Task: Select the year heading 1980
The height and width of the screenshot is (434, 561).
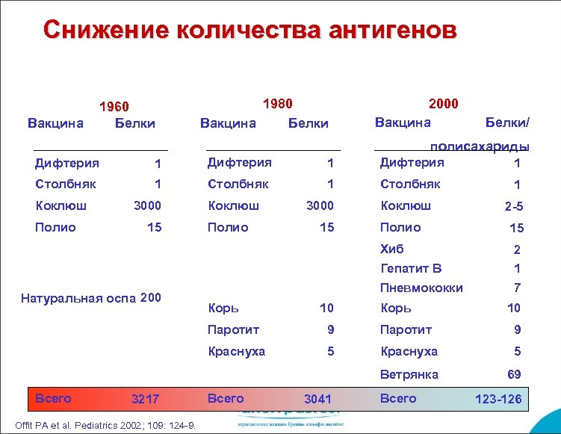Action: pyautogui.click(x=277, y=104)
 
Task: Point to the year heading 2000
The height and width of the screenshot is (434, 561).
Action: pyautogui.click(x=443, y=104)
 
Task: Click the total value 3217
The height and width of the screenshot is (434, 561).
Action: pyautogui.click(x=145, y=400)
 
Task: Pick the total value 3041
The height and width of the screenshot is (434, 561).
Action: pyautogui.click(x=317, y=400)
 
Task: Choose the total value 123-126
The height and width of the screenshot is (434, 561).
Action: pyautogui.click(x=498, y=400)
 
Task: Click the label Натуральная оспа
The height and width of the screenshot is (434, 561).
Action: pyautogui.click(x=78, y=299)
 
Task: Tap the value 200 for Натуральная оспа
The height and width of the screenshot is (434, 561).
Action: pyautogui.click(x=150, y=298)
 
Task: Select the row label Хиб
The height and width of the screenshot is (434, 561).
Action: pyautogui.click(x=391, y=249)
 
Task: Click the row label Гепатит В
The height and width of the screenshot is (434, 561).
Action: pyautogui.click(x=411, y=268)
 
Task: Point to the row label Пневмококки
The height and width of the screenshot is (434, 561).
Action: pyautogui.click(x=421, y=288)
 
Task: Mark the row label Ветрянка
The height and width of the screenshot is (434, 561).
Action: pyautogui.click(x=409, y=374)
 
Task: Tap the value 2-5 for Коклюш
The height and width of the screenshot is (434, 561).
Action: pyautogui.click(x=513, y=208)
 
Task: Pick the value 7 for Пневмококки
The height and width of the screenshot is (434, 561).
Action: pyautogui.click(x=517, y=288)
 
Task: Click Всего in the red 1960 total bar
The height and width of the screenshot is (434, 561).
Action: pyautogui.click(x=53, y=398)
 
